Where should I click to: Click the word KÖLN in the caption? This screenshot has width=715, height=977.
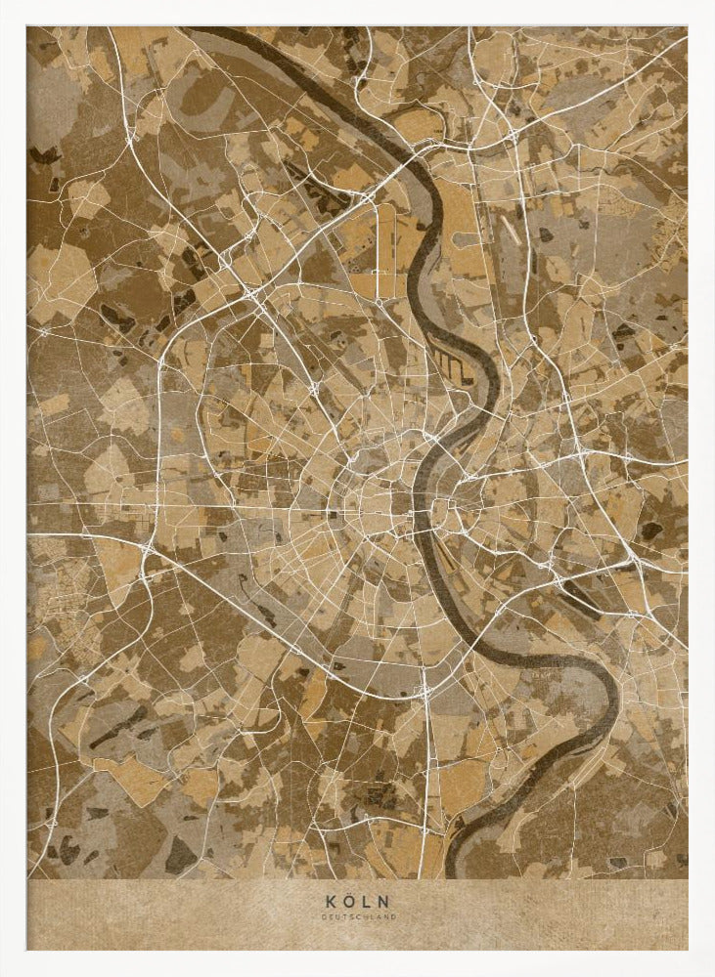click(357, 902)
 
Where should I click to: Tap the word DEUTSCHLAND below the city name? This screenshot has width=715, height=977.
click(357, 915)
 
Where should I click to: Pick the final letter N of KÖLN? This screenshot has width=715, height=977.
click(385, 902)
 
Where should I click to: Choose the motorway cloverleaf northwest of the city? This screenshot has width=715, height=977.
click(251, 290)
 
